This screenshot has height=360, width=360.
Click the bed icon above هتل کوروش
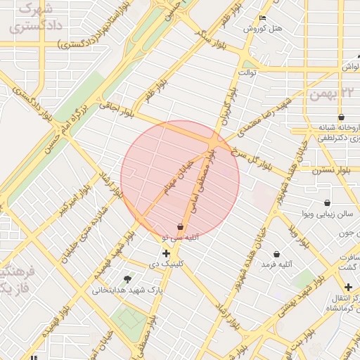[x=263, y=18]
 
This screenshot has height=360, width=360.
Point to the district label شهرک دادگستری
[x=29, y=19]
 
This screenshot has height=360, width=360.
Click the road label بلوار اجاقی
[x=116, y=106]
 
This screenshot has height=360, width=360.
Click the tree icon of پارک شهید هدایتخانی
[x=127, y=279]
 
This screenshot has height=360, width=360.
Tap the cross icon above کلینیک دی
[x=166, y=253]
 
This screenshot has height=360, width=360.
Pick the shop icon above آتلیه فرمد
[x=276, y=254]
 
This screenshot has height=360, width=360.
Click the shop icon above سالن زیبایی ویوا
[x=327, y=202]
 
